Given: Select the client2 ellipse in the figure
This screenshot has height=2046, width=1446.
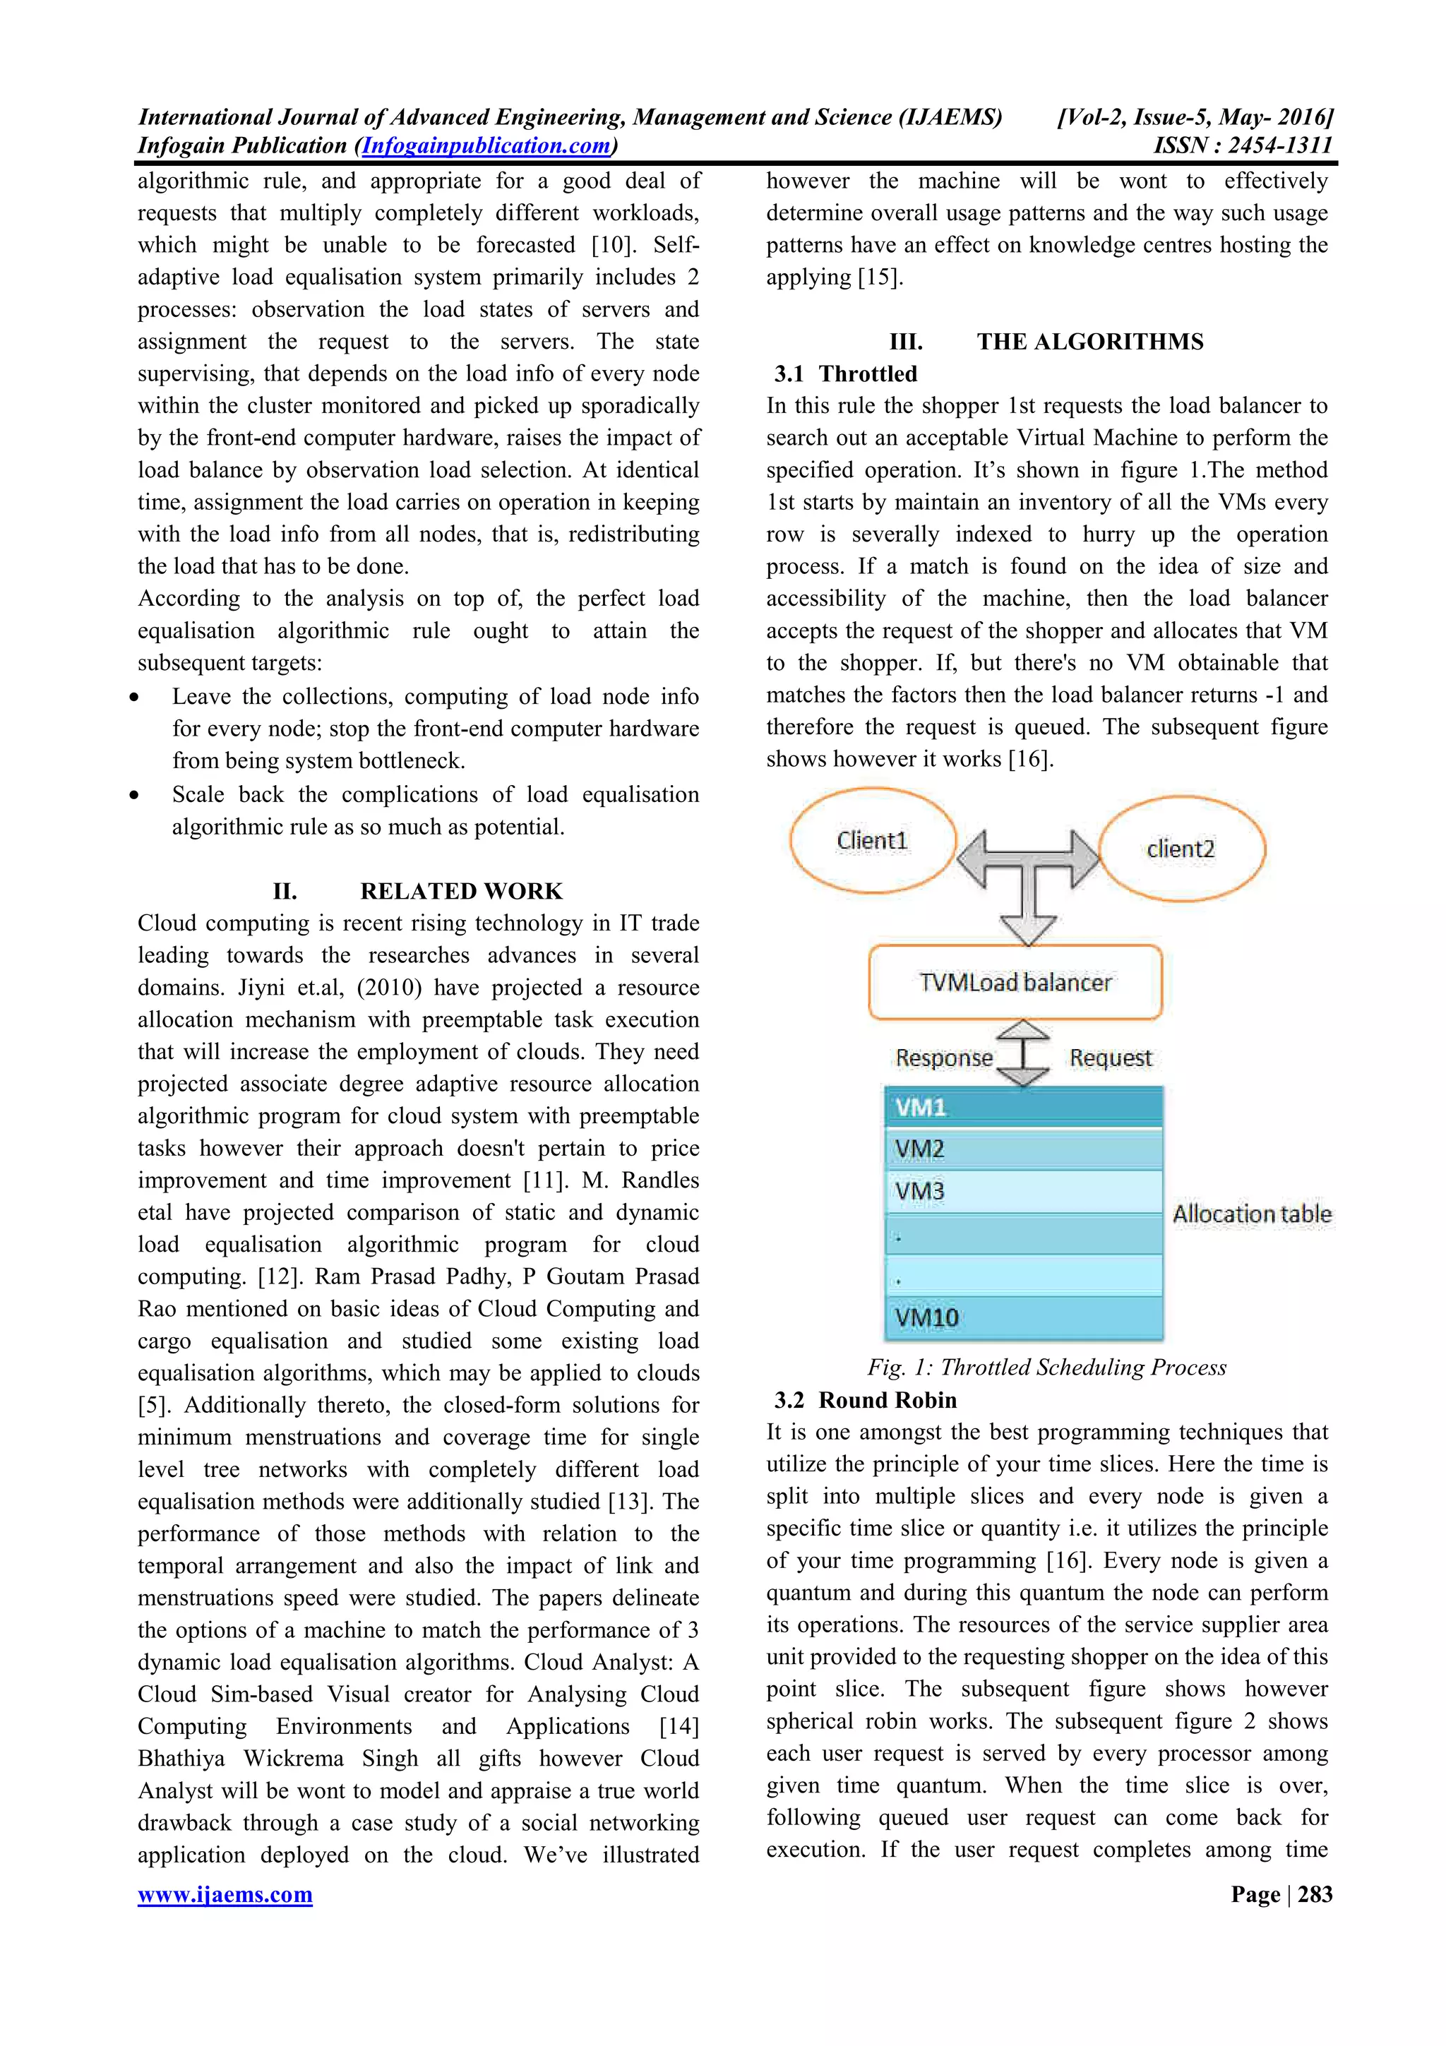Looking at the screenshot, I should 1181,849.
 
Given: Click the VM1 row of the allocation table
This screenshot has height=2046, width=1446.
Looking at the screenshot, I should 1023,1107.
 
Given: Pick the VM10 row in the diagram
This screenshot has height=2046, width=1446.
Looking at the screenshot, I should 1023,1317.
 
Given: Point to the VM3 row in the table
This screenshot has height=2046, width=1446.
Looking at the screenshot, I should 1023,1192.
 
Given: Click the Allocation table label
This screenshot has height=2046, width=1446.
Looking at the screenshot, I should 1252,1214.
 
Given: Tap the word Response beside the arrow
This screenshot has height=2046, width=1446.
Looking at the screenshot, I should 943,1058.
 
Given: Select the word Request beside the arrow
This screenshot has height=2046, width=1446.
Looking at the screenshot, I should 1110,1058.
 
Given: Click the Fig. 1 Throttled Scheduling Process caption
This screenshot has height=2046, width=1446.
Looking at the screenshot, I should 1047,1367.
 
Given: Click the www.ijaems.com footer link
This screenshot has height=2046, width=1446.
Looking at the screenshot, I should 225,1894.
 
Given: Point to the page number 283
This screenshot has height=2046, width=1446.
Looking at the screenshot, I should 1315,1894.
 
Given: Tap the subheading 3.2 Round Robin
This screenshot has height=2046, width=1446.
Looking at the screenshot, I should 865,1400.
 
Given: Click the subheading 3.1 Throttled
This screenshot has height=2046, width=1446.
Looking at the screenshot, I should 846,373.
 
